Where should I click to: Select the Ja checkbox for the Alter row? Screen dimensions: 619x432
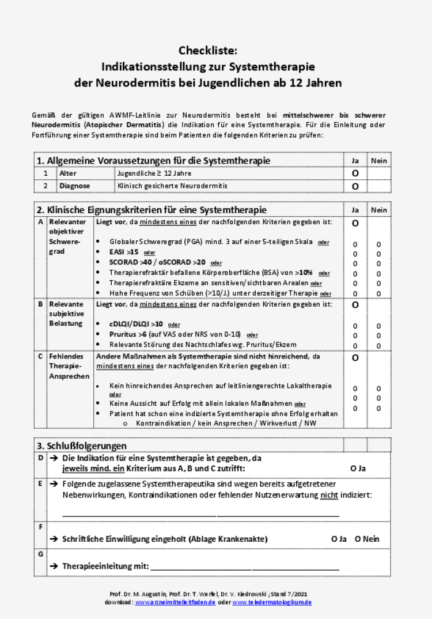[355, 173]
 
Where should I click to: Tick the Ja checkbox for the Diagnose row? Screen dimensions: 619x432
[355, 186]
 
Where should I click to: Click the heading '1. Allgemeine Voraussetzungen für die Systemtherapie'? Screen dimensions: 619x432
[153, 160]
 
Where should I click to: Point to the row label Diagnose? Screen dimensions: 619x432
[75, 186]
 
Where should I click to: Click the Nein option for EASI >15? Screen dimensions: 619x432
[378, 254]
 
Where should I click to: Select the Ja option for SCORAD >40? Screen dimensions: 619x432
[355, 264]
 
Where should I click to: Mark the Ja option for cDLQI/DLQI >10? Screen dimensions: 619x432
[355, 326]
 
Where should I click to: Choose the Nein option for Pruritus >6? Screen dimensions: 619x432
[378, 336]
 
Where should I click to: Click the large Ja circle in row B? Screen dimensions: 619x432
[355, 304]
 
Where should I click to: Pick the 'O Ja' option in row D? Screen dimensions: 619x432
[358, 469]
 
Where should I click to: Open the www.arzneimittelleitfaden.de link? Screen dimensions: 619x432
[175, 602]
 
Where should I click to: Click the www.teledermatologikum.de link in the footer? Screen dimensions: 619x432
[272, 602]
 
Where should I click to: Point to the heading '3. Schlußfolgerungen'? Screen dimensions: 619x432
[81, 446]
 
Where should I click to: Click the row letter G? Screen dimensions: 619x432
[40, 554]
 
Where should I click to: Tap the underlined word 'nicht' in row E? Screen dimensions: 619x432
[329, 496]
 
